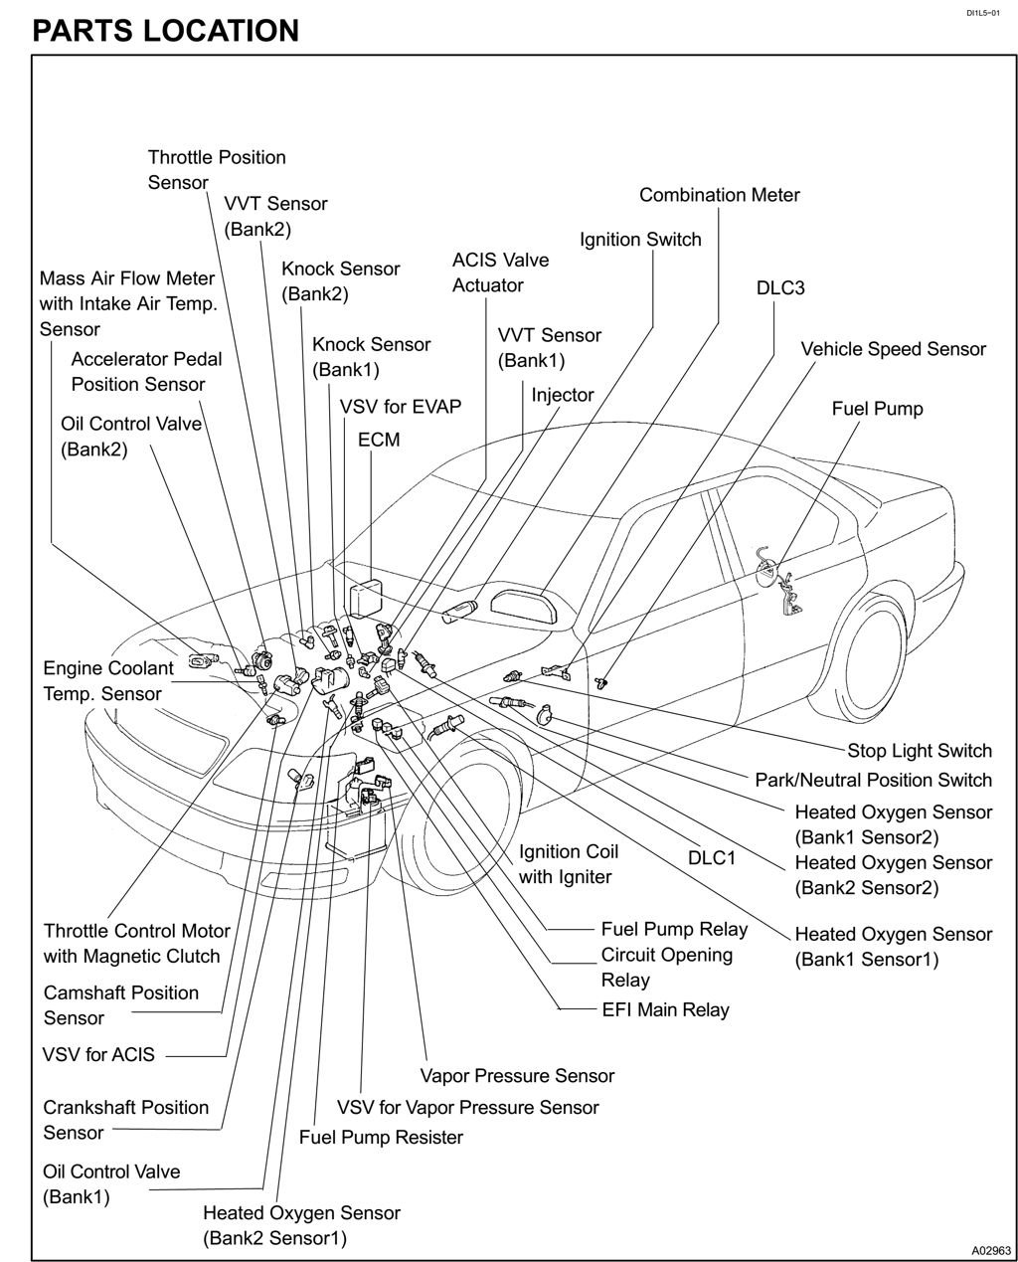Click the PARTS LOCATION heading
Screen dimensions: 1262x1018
click(x=165, y=30)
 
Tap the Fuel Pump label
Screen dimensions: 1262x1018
click(x=877, y=409)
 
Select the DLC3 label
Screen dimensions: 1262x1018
click(x=780, y=288)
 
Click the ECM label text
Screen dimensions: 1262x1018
click(x=379, y=439)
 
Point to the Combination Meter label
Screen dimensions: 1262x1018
click(x=719, y=195)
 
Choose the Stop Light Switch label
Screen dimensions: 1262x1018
click(x=919, y=751)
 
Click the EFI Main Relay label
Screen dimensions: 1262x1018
click(x=665, y=1009)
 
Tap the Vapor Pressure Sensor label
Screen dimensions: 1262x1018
click(x=517, y=1076)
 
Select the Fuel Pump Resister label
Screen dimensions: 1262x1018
click(x=381, y=1137)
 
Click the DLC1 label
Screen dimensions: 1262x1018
click(x=712, y=857)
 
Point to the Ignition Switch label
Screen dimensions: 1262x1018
click(x=640, y=240)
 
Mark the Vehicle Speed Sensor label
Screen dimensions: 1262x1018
click(x=893, y=349)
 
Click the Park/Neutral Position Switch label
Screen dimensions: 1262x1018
click(x=873, y=780)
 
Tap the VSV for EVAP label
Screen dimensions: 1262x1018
click(x=400, y=407)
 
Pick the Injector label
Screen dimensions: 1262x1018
click(x=562, y=395)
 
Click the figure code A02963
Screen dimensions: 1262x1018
click(x=990, y=1250)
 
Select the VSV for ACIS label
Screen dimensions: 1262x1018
click(x=99, y=1054)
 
